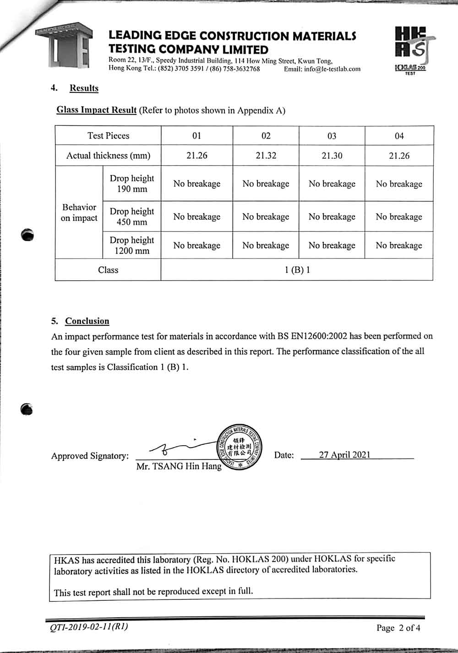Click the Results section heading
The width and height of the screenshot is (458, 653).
84,88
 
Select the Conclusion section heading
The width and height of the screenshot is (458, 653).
87,321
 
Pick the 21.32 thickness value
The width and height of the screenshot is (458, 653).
266,156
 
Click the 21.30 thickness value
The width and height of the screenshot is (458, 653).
332,156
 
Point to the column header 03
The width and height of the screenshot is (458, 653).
332,136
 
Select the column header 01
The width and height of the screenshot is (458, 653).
196,136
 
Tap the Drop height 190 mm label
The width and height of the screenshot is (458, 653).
132,183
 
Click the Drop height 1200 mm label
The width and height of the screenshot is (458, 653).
132,245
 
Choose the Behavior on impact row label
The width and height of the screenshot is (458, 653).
79,212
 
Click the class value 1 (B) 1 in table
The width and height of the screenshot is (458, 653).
297,270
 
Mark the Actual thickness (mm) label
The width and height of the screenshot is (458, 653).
108,156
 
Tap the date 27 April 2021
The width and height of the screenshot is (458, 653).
344,455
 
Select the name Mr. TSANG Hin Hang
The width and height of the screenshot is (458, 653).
179,466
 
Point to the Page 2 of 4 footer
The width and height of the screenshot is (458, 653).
398,628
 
